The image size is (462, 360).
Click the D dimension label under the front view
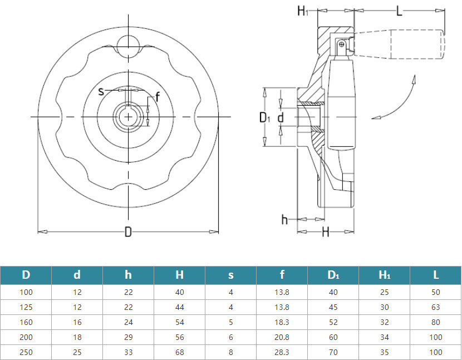128,232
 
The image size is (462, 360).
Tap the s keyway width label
101,91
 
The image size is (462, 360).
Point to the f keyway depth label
158,98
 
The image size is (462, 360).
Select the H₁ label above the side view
302,11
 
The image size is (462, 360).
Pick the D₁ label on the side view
266,117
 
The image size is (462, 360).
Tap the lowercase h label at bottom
284,219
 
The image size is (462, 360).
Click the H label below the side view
326,231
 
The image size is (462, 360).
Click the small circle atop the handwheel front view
128,43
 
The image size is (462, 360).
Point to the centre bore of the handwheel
128,116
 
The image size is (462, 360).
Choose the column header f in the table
282,274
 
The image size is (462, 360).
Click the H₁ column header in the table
384,274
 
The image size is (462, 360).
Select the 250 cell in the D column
26,352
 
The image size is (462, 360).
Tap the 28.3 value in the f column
282,352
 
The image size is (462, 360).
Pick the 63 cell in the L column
435,307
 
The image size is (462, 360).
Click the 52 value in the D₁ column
333,322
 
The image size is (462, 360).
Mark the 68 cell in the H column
179,352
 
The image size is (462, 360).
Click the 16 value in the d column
77,322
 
